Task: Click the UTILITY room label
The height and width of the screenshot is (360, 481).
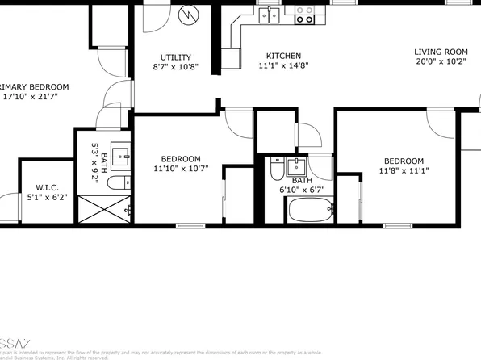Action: pos(175,57)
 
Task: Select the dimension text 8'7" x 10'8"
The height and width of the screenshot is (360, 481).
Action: pos(175,68)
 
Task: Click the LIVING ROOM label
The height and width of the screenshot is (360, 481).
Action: pos(441,52)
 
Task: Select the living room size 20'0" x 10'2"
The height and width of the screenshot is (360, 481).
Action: pos(441,61)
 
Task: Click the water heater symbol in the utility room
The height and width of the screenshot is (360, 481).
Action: pos(190,15)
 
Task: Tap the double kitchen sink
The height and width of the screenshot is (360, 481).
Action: pos(270,14)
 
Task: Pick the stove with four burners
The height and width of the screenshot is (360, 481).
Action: pos(304,14)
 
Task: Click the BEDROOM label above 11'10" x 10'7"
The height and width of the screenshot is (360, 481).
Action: pos(181,159)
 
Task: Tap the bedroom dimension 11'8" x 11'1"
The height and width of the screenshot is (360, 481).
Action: pos(404,171)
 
